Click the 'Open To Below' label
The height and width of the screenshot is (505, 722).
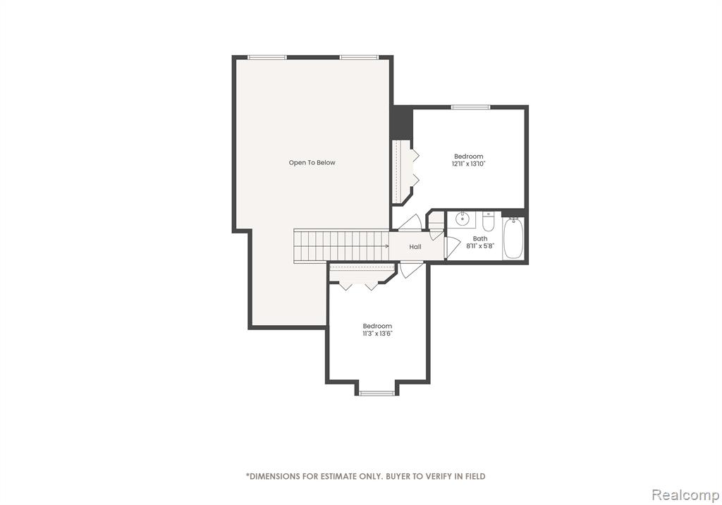click(312, 163)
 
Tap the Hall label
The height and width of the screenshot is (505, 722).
click(415, 247)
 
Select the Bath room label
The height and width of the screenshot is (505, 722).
click(479, 238)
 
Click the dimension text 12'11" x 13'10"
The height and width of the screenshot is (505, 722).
click(469, 164)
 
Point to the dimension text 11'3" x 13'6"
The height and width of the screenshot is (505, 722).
click(377, 333)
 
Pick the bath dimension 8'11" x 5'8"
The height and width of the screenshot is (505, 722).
click(479, 246)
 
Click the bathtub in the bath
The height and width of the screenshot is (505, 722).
click(513, 238)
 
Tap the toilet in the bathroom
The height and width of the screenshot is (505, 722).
click(488, 221)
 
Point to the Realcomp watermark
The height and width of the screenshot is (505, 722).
click(685, 495)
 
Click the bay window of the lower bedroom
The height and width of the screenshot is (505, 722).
click(377, 393)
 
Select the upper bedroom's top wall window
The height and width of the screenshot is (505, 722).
click(470, 107)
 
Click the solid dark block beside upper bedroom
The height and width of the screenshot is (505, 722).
click(401, 122)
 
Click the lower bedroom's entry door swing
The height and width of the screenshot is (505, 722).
click(411, 269)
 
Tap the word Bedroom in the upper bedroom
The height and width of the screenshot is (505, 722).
click(469, 157)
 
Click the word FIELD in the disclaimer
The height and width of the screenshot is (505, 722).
click(475, 476)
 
